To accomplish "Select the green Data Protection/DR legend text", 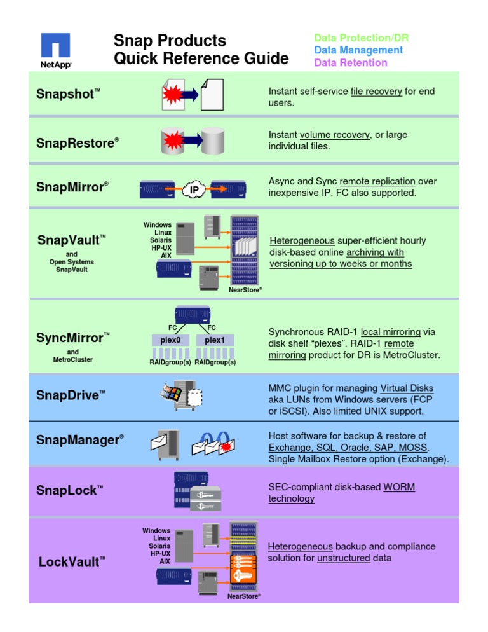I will pos(358,38).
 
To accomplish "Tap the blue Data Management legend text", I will pos(358,50).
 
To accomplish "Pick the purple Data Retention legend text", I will pos(350,63).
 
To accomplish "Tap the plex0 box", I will pos(170,340).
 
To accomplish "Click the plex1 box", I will pos(215,340).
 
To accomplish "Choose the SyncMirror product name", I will pos(73,338).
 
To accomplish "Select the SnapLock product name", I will pos(69,490).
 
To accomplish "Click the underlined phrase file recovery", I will pos(376,92).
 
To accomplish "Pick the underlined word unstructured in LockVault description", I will pos(343,558).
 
